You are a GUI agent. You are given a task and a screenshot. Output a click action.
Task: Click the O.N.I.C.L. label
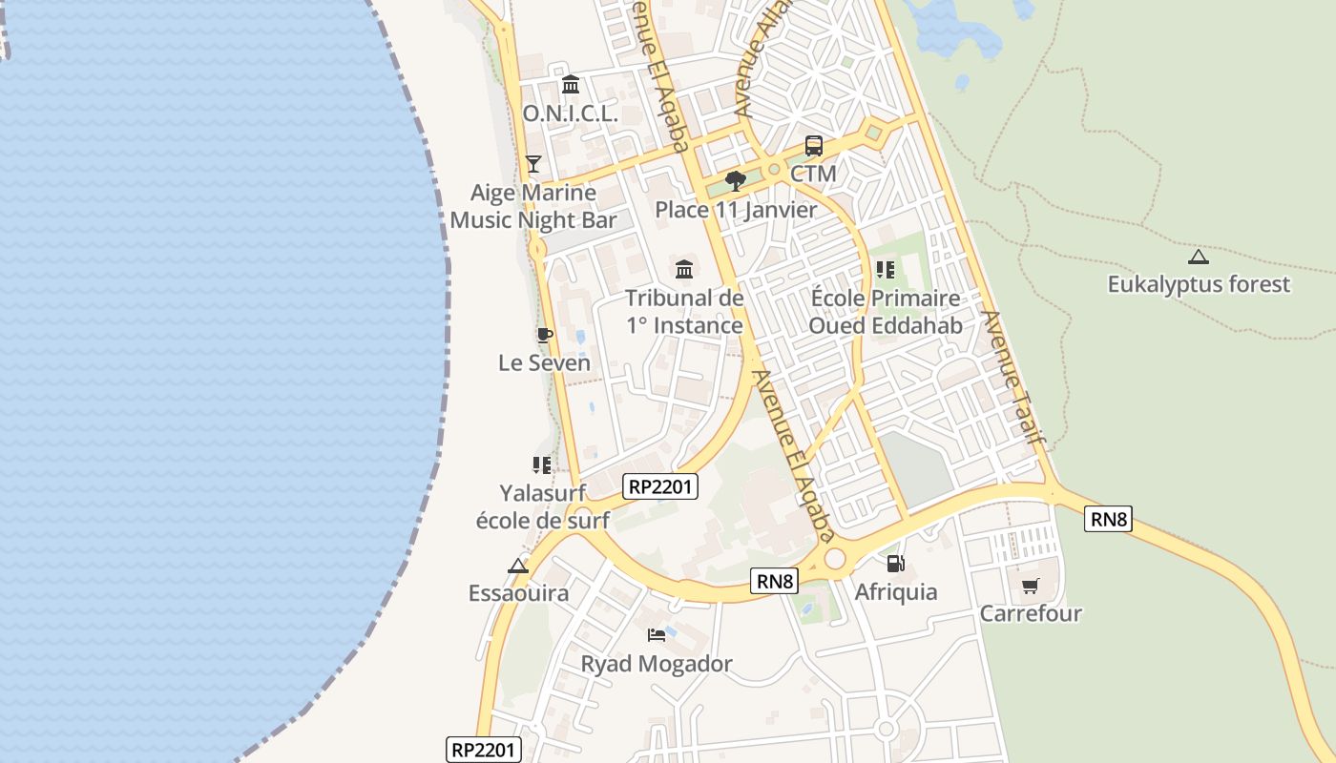coord(570,113)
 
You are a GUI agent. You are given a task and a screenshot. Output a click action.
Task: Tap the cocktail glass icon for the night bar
coord(533,164)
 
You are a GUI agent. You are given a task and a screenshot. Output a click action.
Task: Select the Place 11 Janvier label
coord(736,210)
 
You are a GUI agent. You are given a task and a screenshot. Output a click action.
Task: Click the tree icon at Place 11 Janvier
coord(735,180)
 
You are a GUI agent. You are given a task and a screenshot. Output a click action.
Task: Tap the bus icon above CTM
coord(813,146)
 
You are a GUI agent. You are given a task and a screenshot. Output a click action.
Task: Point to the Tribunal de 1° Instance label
coord(684,312)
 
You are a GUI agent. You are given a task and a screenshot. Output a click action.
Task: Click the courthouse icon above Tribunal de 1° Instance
coord(684,269)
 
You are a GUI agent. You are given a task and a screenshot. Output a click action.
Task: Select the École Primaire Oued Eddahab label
coord(885,312)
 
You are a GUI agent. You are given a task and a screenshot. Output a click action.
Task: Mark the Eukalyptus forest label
coord(1198,284)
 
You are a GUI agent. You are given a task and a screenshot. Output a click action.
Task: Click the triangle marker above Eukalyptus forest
coord(1198,256)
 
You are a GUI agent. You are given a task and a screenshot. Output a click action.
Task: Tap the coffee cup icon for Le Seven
coord(544,335)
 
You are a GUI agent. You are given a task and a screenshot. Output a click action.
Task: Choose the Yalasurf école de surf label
coord(542,506)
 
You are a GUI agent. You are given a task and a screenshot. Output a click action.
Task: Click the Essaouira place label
coord(518,593)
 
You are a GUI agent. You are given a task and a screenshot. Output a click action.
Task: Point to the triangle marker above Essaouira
coord(518,566)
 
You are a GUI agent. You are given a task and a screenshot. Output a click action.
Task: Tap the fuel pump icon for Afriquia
coord(895,564)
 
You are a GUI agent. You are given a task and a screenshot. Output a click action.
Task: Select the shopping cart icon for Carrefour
coord(1030,586)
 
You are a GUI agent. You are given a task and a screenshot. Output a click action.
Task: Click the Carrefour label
coord(1031,613)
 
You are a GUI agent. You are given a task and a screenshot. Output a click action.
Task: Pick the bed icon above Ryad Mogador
coord(657,635)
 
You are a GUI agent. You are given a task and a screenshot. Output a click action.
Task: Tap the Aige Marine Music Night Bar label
coord(533,206)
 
